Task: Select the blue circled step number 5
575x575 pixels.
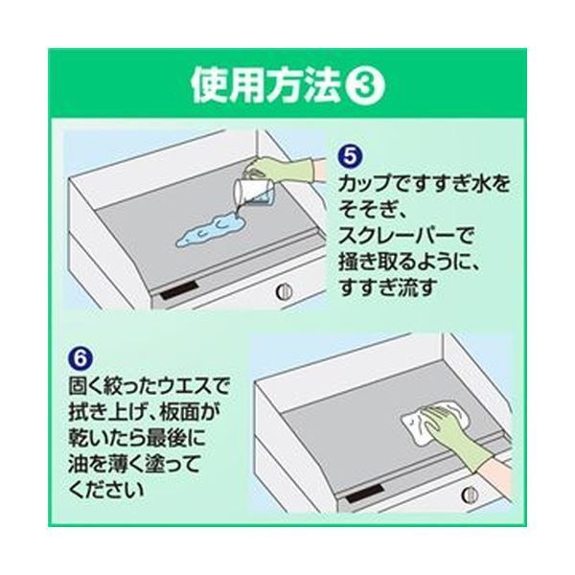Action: [x=349, y=153]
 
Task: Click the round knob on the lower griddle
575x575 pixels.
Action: [x=469, y=494]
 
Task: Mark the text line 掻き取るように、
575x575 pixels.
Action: [x=415, y=260]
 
